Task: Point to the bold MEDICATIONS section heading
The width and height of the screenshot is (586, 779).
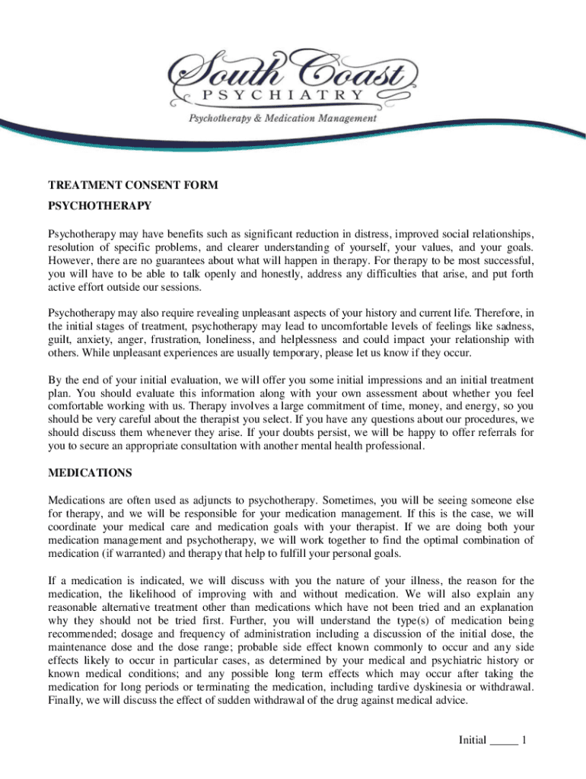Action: [x=90, y=473]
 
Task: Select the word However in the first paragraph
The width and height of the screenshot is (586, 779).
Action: [x=73, y=260]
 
